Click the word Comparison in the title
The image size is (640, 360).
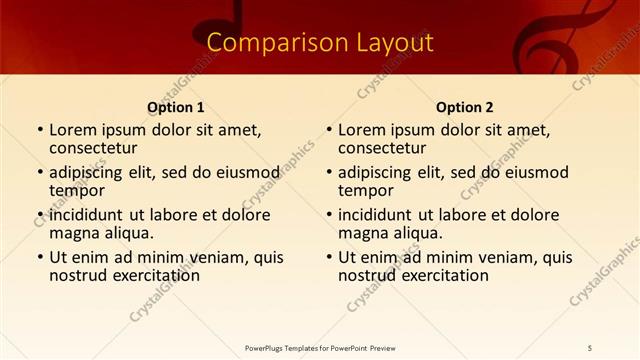coord(261,43)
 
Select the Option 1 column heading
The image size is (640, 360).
coord(176,107)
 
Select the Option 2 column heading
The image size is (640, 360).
coord(465,107)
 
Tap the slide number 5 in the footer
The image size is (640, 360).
coord(589,347)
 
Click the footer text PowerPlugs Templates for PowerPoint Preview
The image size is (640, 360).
coord(320,347)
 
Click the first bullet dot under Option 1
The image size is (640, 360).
coord(40,130)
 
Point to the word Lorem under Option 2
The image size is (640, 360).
coord(362,129)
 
